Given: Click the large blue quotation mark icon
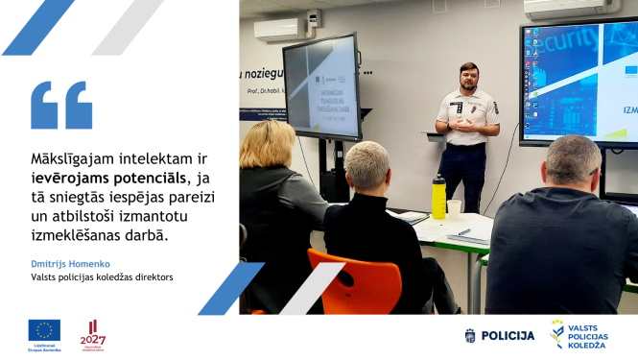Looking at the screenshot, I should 61,105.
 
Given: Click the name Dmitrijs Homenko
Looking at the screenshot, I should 69,262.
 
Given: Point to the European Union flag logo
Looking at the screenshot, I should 44,330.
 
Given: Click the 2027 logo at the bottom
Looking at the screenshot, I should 93,335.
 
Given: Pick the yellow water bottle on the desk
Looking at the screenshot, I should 438,197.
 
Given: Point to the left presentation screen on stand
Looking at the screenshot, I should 321,87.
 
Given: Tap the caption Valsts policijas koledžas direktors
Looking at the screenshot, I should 102,278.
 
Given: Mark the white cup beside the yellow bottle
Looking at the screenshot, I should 454,206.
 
